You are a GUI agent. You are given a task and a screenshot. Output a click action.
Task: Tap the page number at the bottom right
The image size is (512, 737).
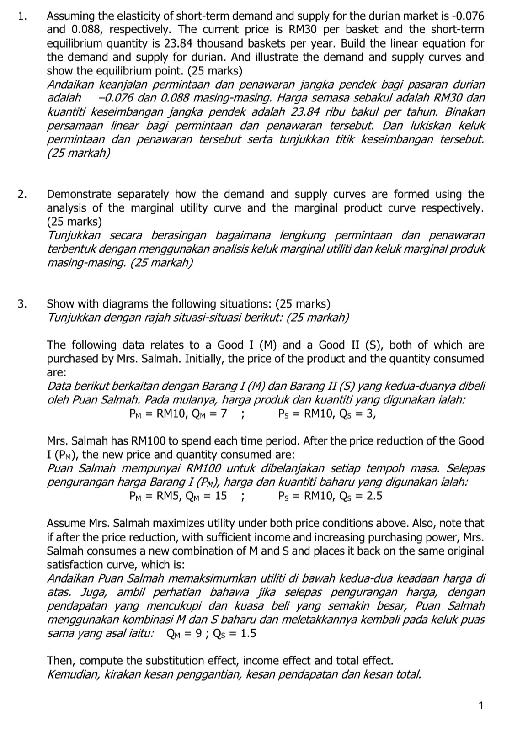pos(480,705)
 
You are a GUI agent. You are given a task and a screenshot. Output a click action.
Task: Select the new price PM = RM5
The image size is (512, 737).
pos(155,496)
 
